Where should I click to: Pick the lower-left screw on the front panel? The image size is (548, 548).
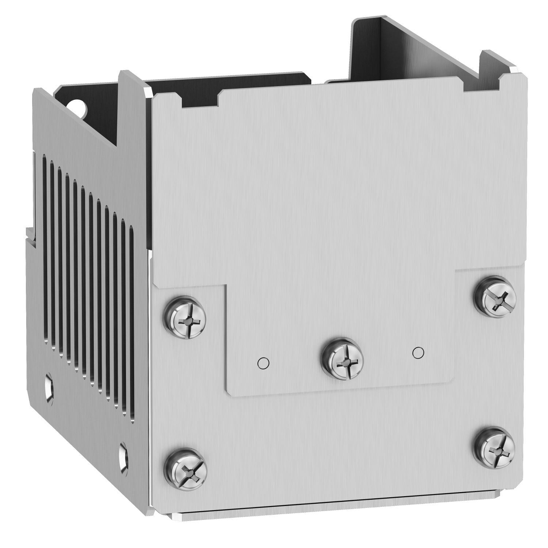click(186, 468)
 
